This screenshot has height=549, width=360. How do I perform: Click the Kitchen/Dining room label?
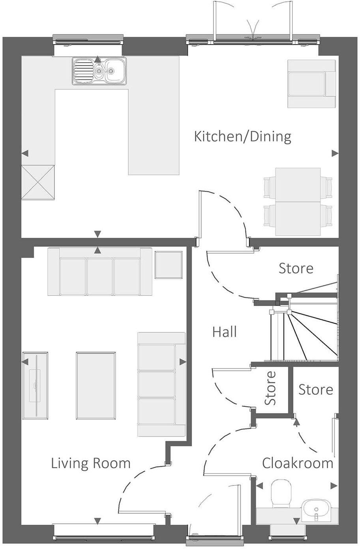tap(242, 136)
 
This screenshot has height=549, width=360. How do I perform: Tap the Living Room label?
tap(90, 463)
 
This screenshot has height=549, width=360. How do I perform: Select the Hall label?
tap(225, 332)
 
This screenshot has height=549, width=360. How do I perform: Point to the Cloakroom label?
tap(297, 463)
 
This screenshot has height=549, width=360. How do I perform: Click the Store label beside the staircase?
tap(296, 268)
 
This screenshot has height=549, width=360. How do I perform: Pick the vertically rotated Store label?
tap(270, 388)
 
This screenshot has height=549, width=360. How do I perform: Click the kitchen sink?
tap(99, 71)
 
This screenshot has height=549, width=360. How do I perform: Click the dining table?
tap(298, 202)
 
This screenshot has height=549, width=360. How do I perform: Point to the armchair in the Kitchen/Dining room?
tap(311, 84)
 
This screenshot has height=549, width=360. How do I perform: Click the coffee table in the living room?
tap(96, 386)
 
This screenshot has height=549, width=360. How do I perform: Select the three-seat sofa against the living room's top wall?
tap(99, 271)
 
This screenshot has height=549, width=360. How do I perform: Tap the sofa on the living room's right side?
tap(161, 384)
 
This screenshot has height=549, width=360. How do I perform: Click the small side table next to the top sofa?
tap(169, 265)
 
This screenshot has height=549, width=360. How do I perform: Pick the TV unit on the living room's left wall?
tap(36, 385)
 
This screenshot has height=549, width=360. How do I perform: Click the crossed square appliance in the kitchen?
tap(37, 182)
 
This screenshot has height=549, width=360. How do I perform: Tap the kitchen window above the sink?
tap(88, 41)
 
